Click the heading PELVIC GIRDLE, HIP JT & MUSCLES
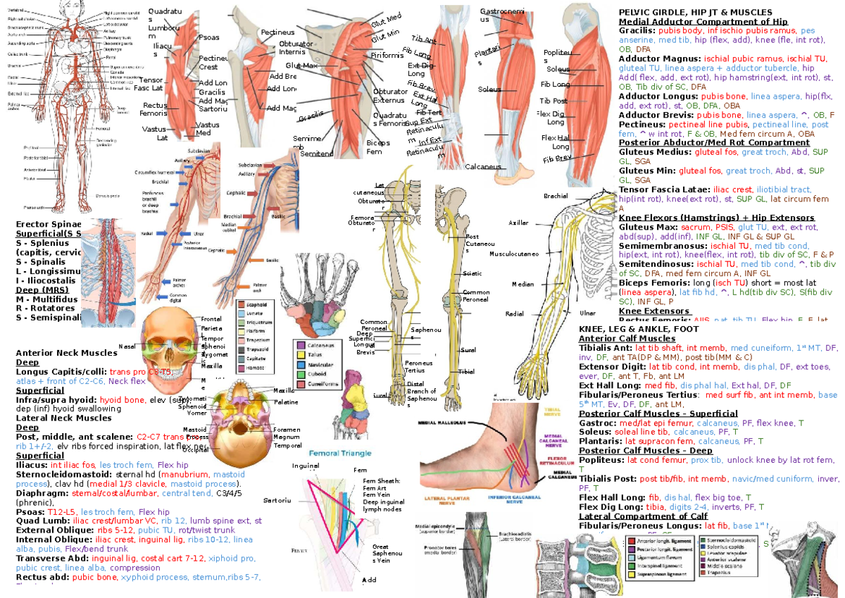(694, 12)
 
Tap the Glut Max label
(303, 66)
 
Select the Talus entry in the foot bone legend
(315, 355)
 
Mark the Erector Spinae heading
(44, 224)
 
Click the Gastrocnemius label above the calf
(501, 15)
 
